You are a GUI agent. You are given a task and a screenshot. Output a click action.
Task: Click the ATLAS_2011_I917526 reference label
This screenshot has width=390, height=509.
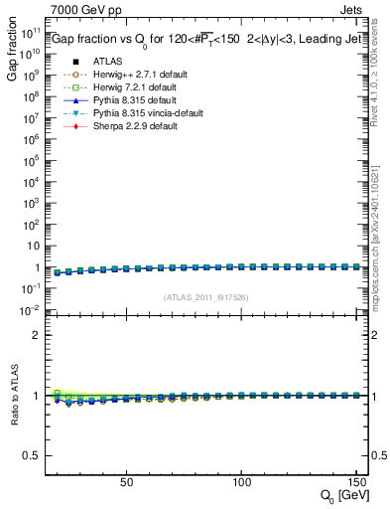204,297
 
